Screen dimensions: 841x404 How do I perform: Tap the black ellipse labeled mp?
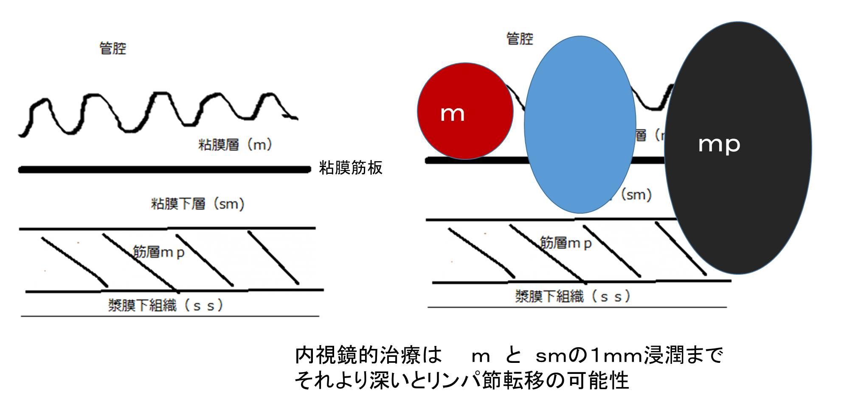click(x=738, y=148)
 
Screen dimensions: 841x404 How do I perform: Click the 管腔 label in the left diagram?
click(x=113, y=48)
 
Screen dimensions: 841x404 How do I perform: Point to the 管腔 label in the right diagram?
click(x=520, y=39)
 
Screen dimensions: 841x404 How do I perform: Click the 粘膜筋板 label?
click(x=351, y=168)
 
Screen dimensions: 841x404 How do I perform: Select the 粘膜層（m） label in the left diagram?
click(x=235, y=145)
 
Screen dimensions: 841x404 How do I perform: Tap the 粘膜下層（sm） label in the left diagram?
click(x=198, y=204)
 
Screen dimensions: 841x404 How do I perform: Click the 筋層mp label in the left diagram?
click(x=159, y=252)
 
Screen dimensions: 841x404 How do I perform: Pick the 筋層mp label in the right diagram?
click(x=565, y=243)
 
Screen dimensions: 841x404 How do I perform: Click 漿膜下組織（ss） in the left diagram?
click(x=165, y=305)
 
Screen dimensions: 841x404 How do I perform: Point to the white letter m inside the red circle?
click(x=453, y=114)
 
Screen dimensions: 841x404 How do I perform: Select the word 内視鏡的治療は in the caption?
click(x=368, y=355)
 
